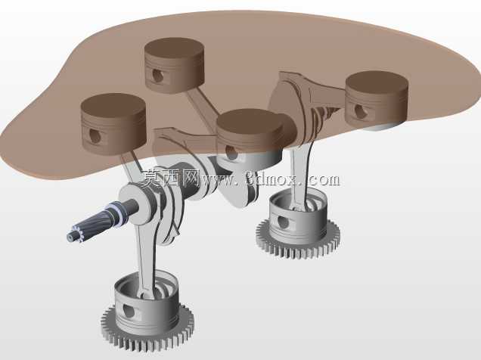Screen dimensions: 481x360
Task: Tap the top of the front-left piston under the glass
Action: (x=113, y=107)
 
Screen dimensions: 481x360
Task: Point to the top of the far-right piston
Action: (x=377, y=82)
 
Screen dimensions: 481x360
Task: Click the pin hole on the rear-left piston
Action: (x=157, y=76)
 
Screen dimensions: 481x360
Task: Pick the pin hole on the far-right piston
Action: (x=359, y=111)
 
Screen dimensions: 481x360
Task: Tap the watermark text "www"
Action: (x=217, y=178)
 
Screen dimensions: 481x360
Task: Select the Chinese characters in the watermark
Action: (x=169, y=178)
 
